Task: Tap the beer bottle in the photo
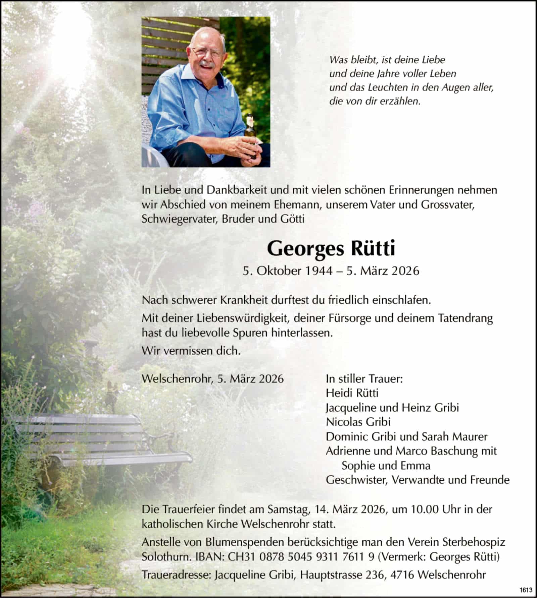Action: point(251,136)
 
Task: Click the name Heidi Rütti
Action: point(352,393)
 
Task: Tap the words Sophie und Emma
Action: point(386,466)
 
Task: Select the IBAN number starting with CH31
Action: point(301,557)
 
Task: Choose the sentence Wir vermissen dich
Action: point(191,351)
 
